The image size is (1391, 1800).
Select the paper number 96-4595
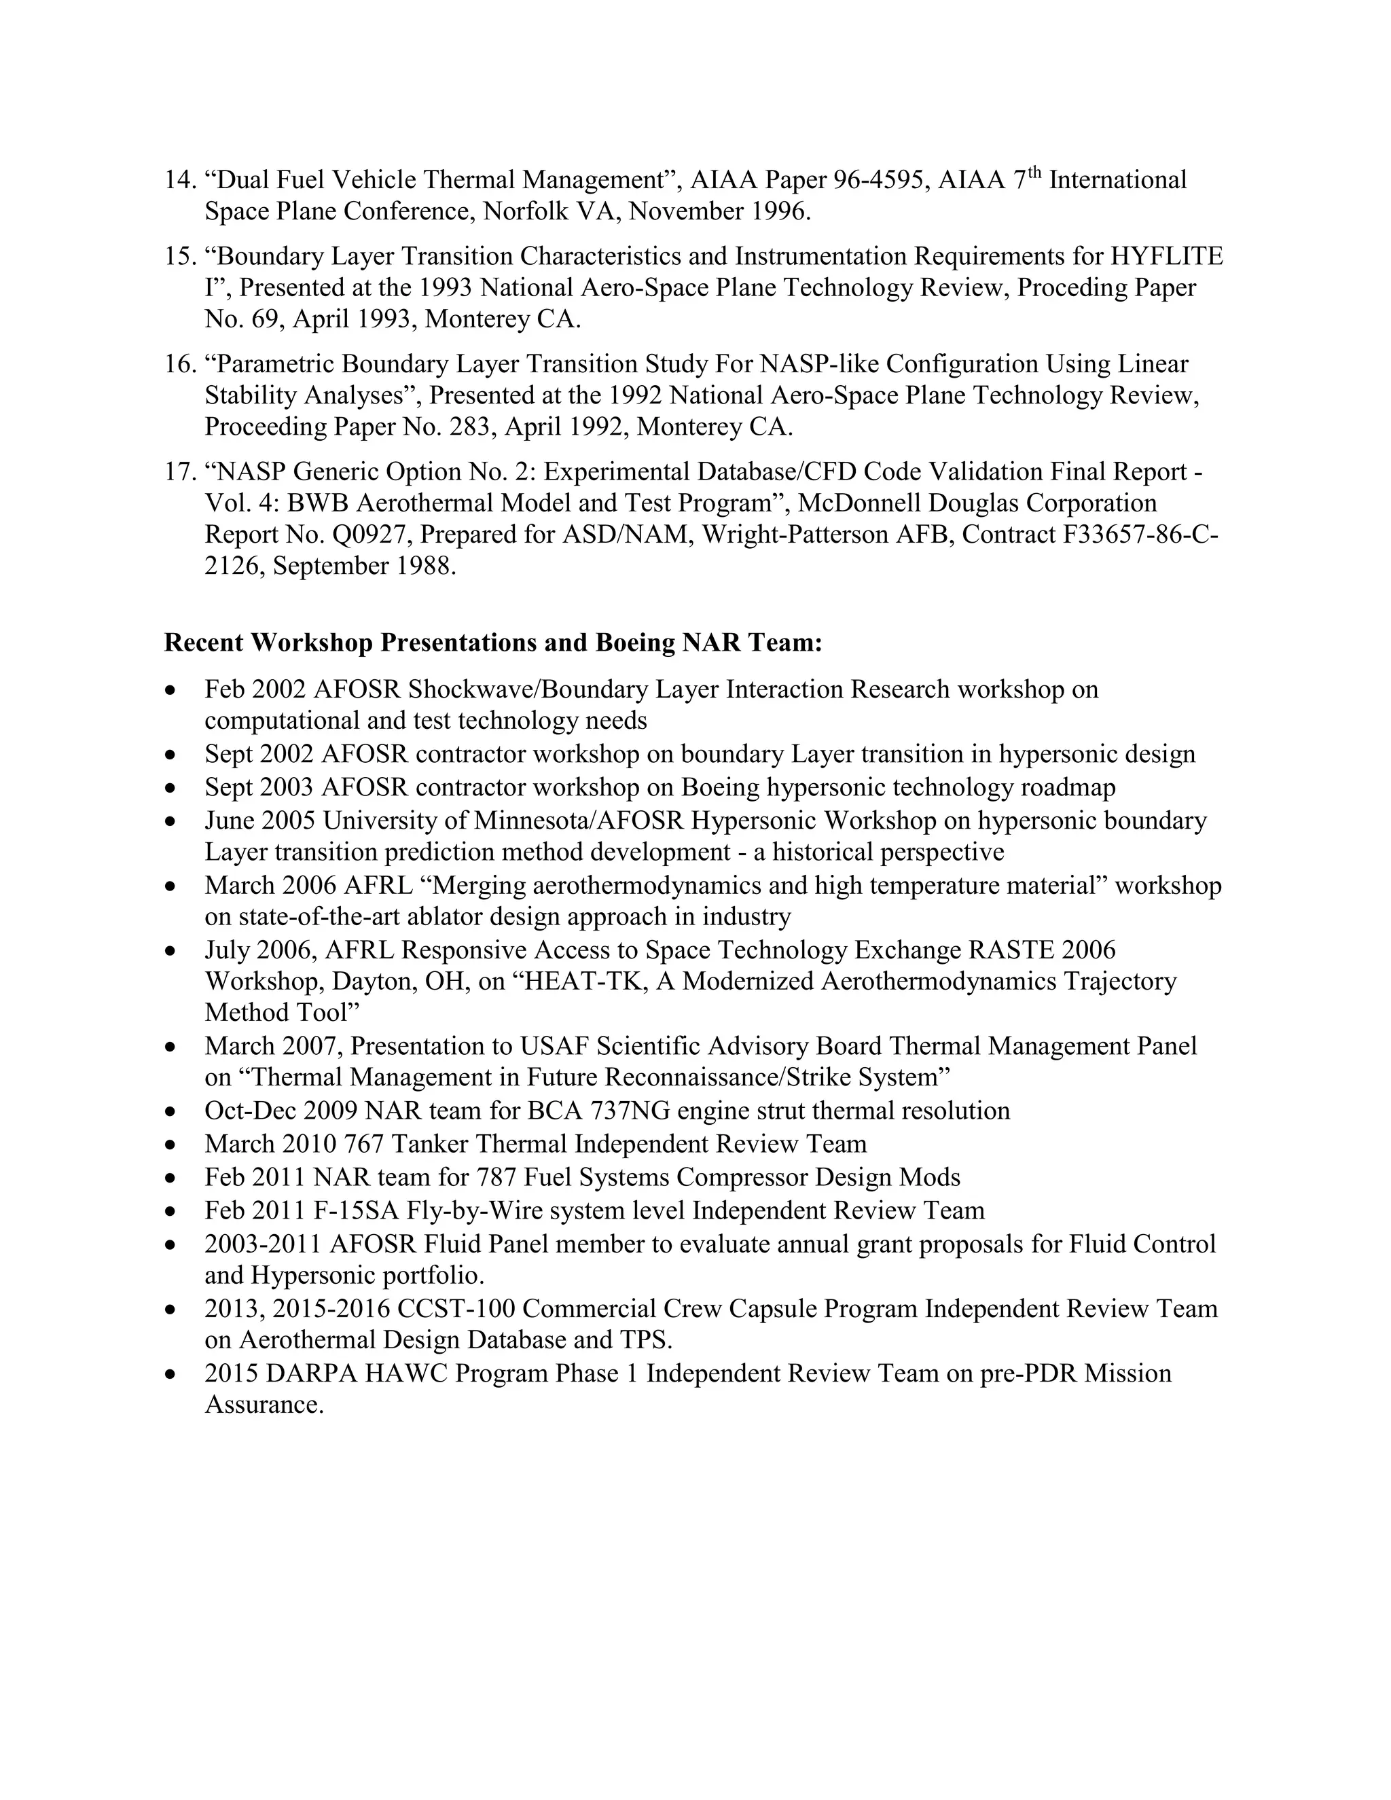[877, 180]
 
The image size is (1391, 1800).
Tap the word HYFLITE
[1167, 256]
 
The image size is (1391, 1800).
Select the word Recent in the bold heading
[204, 643]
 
